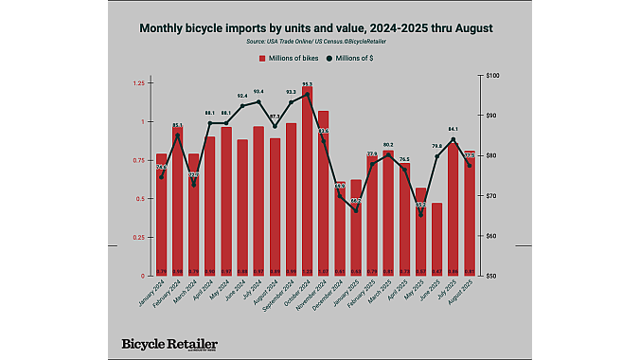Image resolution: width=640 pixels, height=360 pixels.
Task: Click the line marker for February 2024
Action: pos(178,135)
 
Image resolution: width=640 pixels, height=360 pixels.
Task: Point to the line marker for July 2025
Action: pos(453,139)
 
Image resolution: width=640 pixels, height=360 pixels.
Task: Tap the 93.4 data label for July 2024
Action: pos(258,91)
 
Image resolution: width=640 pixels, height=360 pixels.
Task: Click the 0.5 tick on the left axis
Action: pos(141,199)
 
